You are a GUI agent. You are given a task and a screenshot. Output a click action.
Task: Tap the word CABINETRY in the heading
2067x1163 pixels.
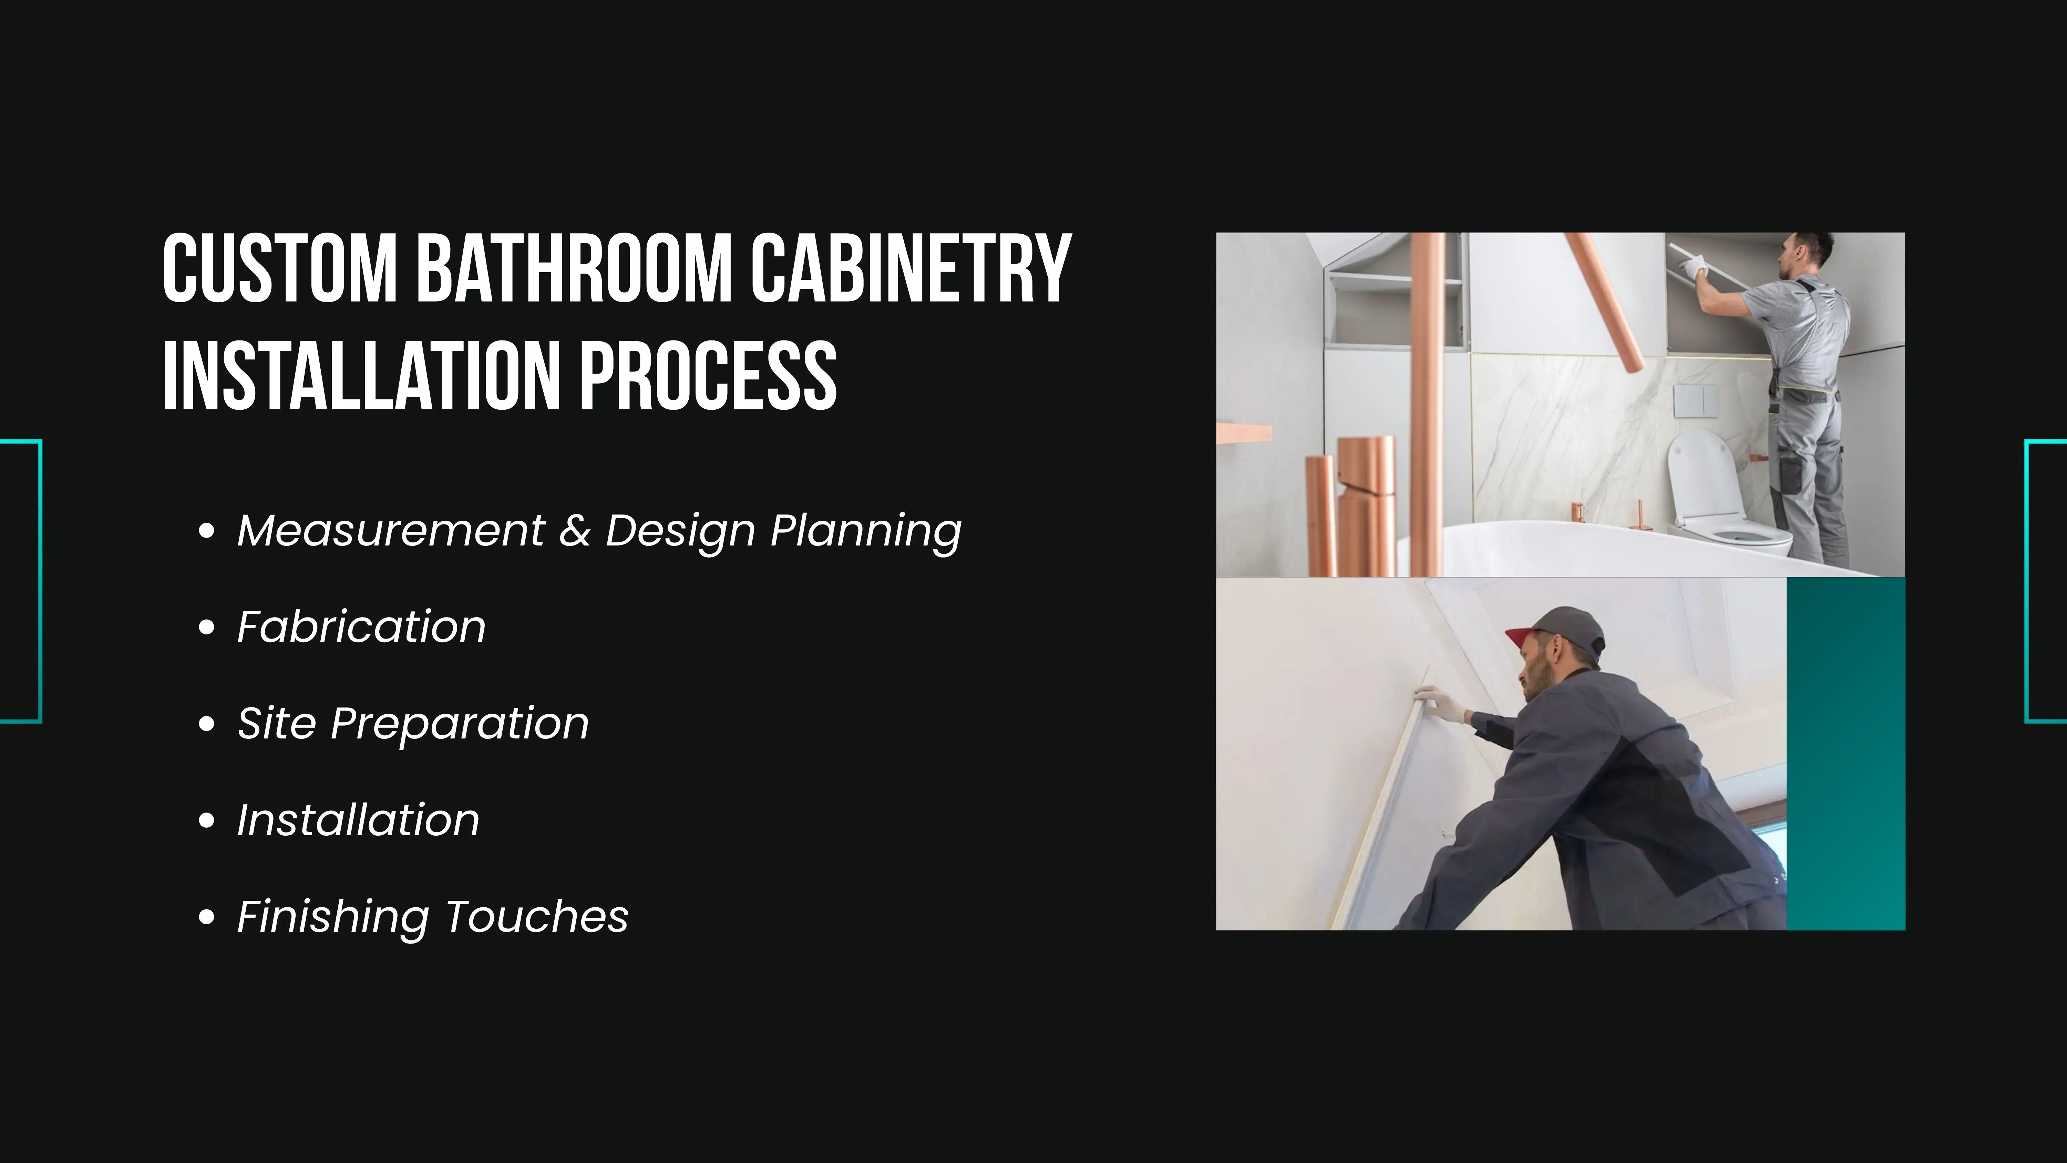point(911,269)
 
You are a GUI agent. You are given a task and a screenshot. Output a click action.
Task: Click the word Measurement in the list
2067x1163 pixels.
point(391,531)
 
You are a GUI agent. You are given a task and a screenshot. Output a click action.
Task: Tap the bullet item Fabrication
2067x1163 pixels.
point(361,627)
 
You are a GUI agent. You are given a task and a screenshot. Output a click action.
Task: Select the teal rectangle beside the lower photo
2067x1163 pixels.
point(1845,754)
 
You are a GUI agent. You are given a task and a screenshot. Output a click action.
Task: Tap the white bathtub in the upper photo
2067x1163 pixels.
point(1605,550)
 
